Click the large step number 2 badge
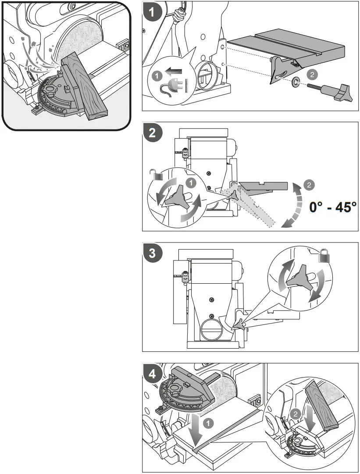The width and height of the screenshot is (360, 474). tap(152, 133)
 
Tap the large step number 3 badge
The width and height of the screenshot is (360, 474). tap(152, 253)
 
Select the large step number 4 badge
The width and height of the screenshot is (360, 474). tap(152, 374)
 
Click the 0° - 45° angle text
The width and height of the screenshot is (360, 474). tap(333, 208)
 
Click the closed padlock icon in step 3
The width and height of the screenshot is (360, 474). tap(324, 256)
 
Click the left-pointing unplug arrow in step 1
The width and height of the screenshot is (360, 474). tap(173, 72)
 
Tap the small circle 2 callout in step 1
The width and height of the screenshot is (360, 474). tap(312, 75)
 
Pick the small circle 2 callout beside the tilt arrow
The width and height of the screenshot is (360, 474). tap(309, 185)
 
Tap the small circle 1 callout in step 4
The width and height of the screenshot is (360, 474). tap(208, 423)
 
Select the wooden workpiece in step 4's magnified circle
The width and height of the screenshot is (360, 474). tap(321, 406)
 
